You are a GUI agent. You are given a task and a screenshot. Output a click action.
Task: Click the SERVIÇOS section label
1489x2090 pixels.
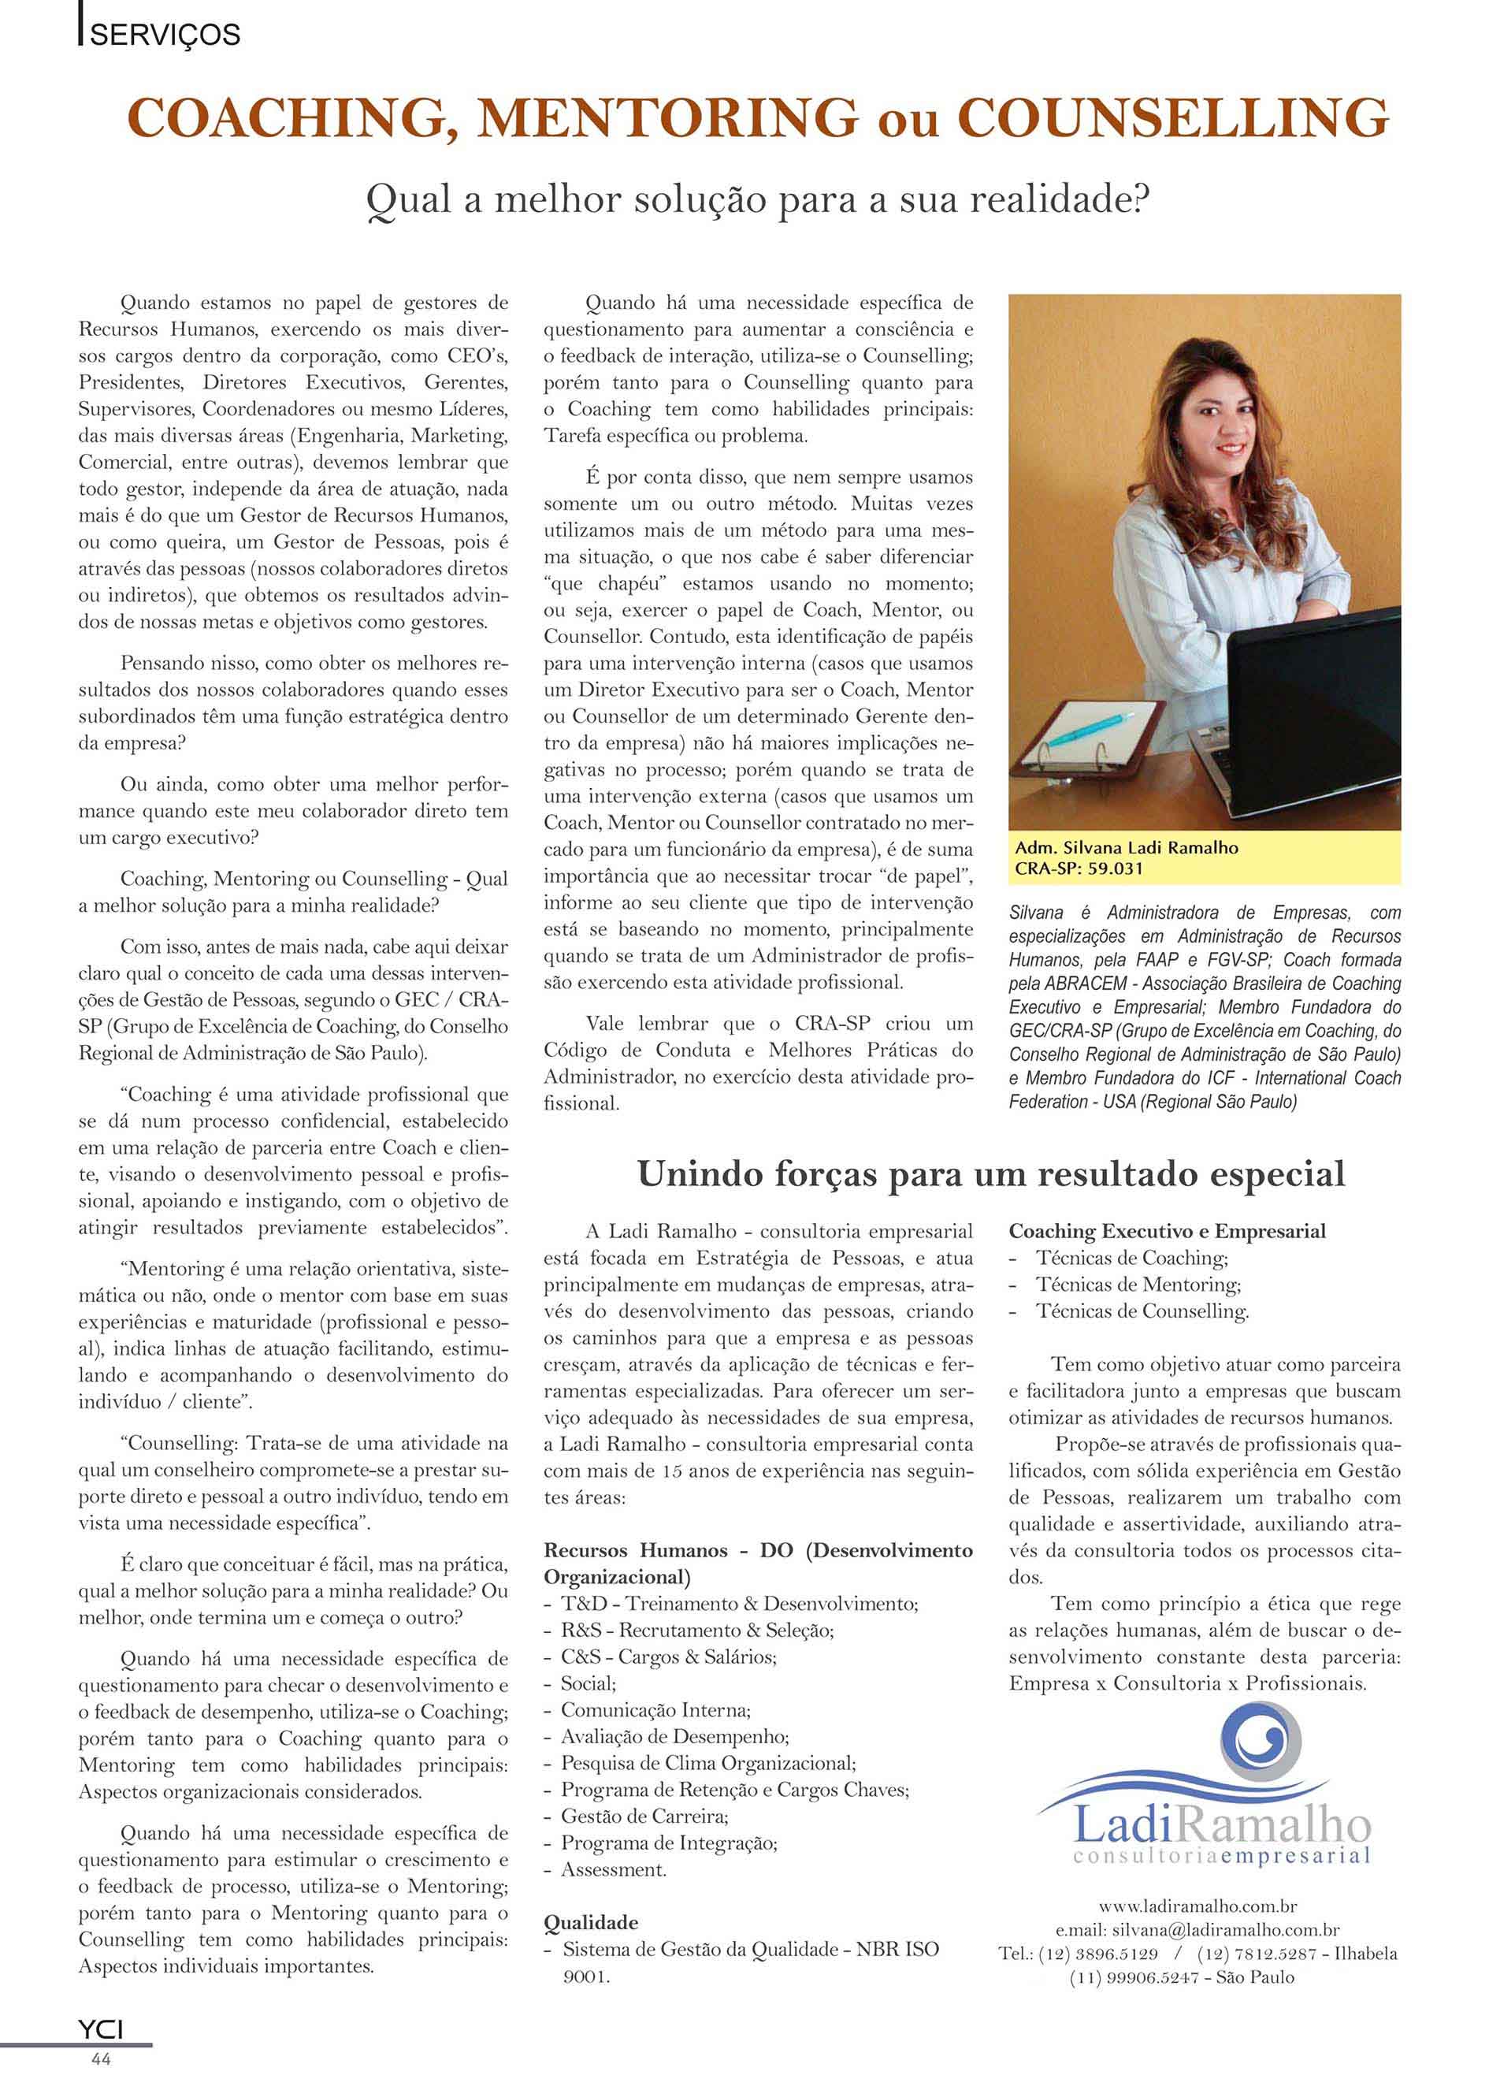click(x=164, y=35)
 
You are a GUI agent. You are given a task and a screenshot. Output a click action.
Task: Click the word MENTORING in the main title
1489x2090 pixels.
click(x=667, y=119)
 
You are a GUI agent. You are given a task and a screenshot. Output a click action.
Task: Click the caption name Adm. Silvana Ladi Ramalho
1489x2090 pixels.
click(x=1126, y=847)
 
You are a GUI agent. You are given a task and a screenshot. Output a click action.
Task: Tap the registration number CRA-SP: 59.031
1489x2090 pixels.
click(x=1079, y=868)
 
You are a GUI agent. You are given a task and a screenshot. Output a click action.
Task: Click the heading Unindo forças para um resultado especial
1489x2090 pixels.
click(x=990, y=1173)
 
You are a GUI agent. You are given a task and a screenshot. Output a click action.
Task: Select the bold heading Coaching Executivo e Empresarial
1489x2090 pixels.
click(x=1168, y=1232)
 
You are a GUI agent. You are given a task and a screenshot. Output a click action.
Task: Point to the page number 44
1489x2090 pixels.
click(x=101, y=2058)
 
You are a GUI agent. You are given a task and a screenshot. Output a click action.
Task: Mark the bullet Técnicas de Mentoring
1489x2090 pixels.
click(x=1138, y=1285)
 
